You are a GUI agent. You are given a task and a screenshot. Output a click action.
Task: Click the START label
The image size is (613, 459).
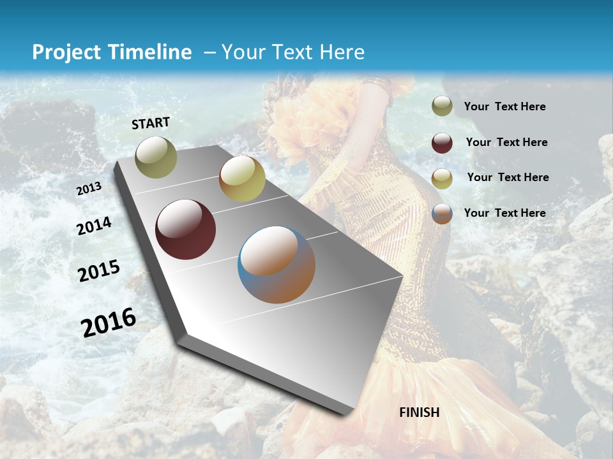(x=151, y=123)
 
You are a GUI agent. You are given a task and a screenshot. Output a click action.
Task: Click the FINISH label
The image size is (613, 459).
(x=420, y=412)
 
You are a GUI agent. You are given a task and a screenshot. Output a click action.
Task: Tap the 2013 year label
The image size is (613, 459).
(x=89, y=189)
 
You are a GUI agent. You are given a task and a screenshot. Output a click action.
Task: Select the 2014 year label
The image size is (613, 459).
(x=94, y=226)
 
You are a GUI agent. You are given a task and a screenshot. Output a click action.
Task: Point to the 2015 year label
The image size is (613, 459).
(x=99, y=271)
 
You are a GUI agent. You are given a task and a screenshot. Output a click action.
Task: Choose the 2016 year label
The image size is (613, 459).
(x=109, y=323)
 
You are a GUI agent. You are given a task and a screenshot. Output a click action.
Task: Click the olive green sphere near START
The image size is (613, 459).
(x=156, y=157)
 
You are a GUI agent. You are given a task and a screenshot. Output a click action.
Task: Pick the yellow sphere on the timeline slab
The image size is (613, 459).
(x=242, y=178)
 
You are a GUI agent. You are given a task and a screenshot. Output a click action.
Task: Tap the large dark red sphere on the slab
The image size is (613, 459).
(x=185, y=229)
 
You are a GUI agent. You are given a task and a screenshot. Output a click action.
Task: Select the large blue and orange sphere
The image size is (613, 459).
(x=276, y=265)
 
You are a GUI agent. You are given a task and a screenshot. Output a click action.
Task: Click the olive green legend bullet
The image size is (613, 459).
(x=442, y=106)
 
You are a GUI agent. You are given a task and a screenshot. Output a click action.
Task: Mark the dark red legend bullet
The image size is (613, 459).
(x=442, y=143)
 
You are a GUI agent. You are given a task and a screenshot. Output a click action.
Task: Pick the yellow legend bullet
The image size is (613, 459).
(x=442, y=178)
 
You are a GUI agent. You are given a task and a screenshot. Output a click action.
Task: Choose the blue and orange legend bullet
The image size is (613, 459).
(x=442, y=214)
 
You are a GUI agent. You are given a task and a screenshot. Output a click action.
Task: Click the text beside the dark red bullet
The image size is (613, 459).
(x=506, y=142)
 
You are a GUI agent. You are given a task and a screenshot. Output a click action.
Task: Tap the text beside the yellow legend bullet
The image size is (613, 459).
(x=508, y=177)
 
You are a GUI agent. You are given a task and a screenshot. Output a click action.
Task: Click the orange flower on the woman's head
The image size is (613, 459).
(x=291, y=127)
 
